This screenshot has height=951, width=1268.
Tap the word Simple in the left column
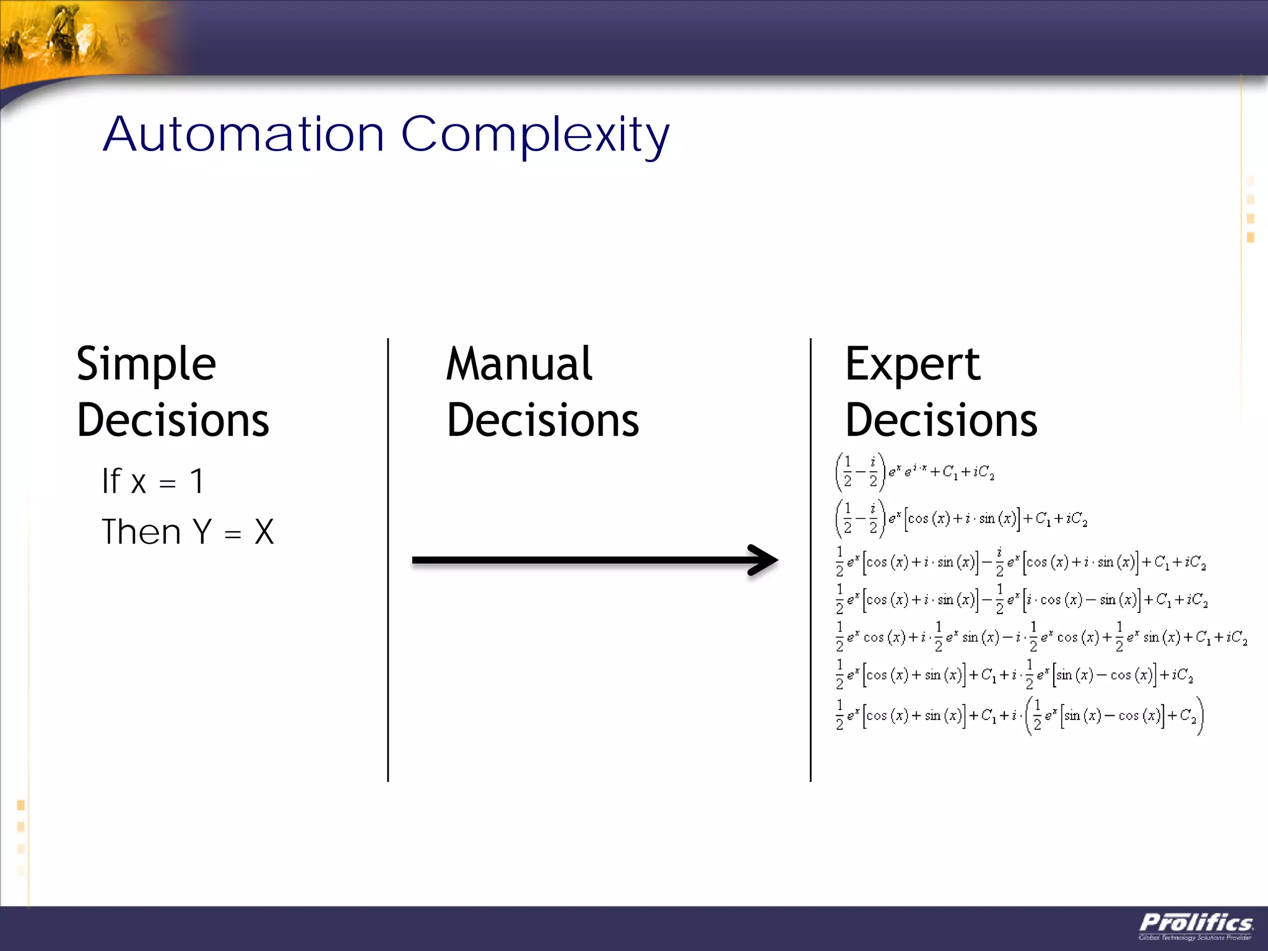(146, 365)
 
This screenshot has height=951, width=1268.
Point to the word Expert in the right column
(913, 365)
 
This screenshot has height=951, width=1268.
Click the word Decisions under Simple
(173, 420)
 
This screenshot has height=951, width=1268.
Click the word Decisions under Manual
(542, 420)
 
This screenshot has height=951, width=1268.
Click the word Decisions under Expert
(941, 420)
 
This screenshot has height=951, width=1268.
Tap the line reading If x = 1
(153, 481)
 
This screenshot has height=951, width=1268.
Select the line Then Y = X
(188, 532)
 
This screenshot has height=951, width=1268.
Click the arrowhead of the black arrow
(765, 560)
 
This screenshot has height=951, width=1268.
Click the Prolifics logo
(1196, 925)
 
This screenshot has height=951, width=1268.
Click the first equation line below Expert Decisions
(914, 472)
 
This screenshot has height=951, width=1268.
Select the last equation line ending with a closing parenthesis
(1019, 716)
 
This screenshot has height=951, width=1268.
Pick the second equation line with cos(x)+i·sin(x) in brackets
(961, 518)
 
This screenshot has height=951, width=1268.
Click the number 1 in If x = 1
(196, 481)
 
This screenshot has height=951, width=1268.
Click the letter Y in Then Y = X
(202, 532)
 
